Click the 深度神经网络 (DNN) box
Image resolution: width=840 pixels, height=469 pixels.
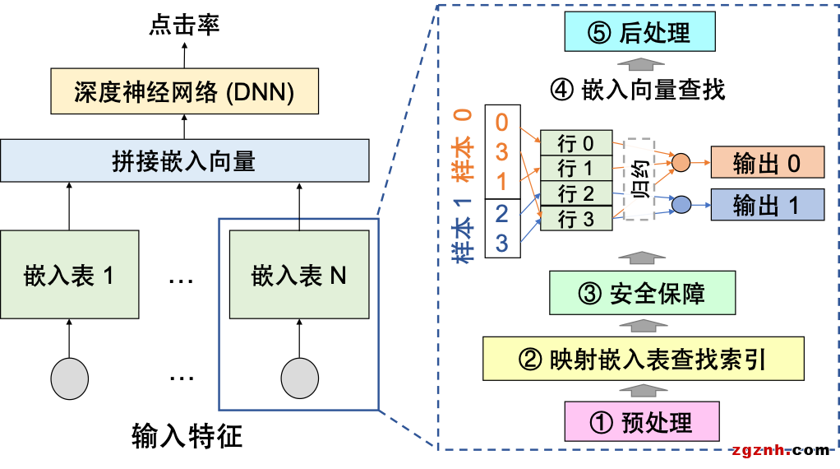point(183,91)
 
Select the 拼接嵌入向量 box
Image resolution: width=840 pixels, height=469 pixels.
point(183,160)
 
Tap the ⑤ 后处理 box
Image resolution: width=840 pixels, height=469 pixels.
point(639,34)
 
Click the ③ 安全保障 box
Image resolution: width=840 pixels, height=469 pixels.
point(642,294)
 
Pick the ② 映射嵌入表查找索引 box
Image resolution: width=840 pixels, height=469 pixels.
point(642,359)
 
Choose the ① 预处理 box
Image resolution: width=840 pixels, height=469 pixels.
point(641,422)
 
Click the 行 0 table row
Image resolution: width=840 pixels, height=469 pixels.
point(576,143)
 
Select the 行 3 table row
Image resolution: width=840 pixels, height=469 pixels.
point(576,219)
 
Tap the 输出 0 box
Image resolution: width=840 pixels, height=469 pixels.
point(767,164)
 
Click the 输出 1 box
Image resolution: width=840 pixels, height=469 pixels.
point(767,205)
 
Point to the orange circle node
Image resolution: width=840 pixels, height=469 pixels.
point(681,163)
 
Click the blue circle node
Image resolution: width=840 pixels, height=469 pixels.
point(681,204)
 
